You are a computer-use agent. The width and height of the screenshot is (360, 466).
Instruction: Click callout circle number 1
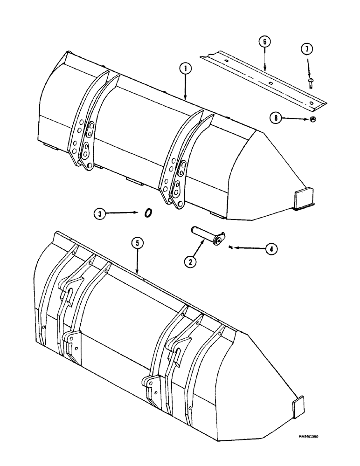[x=186, y=69]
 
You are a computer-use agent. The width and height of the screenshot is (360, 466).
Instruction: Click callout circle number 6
[x=264, y=41]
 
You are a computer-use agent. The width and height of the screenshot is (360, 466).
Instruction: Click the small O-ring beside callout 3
[x=148, y=212]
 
